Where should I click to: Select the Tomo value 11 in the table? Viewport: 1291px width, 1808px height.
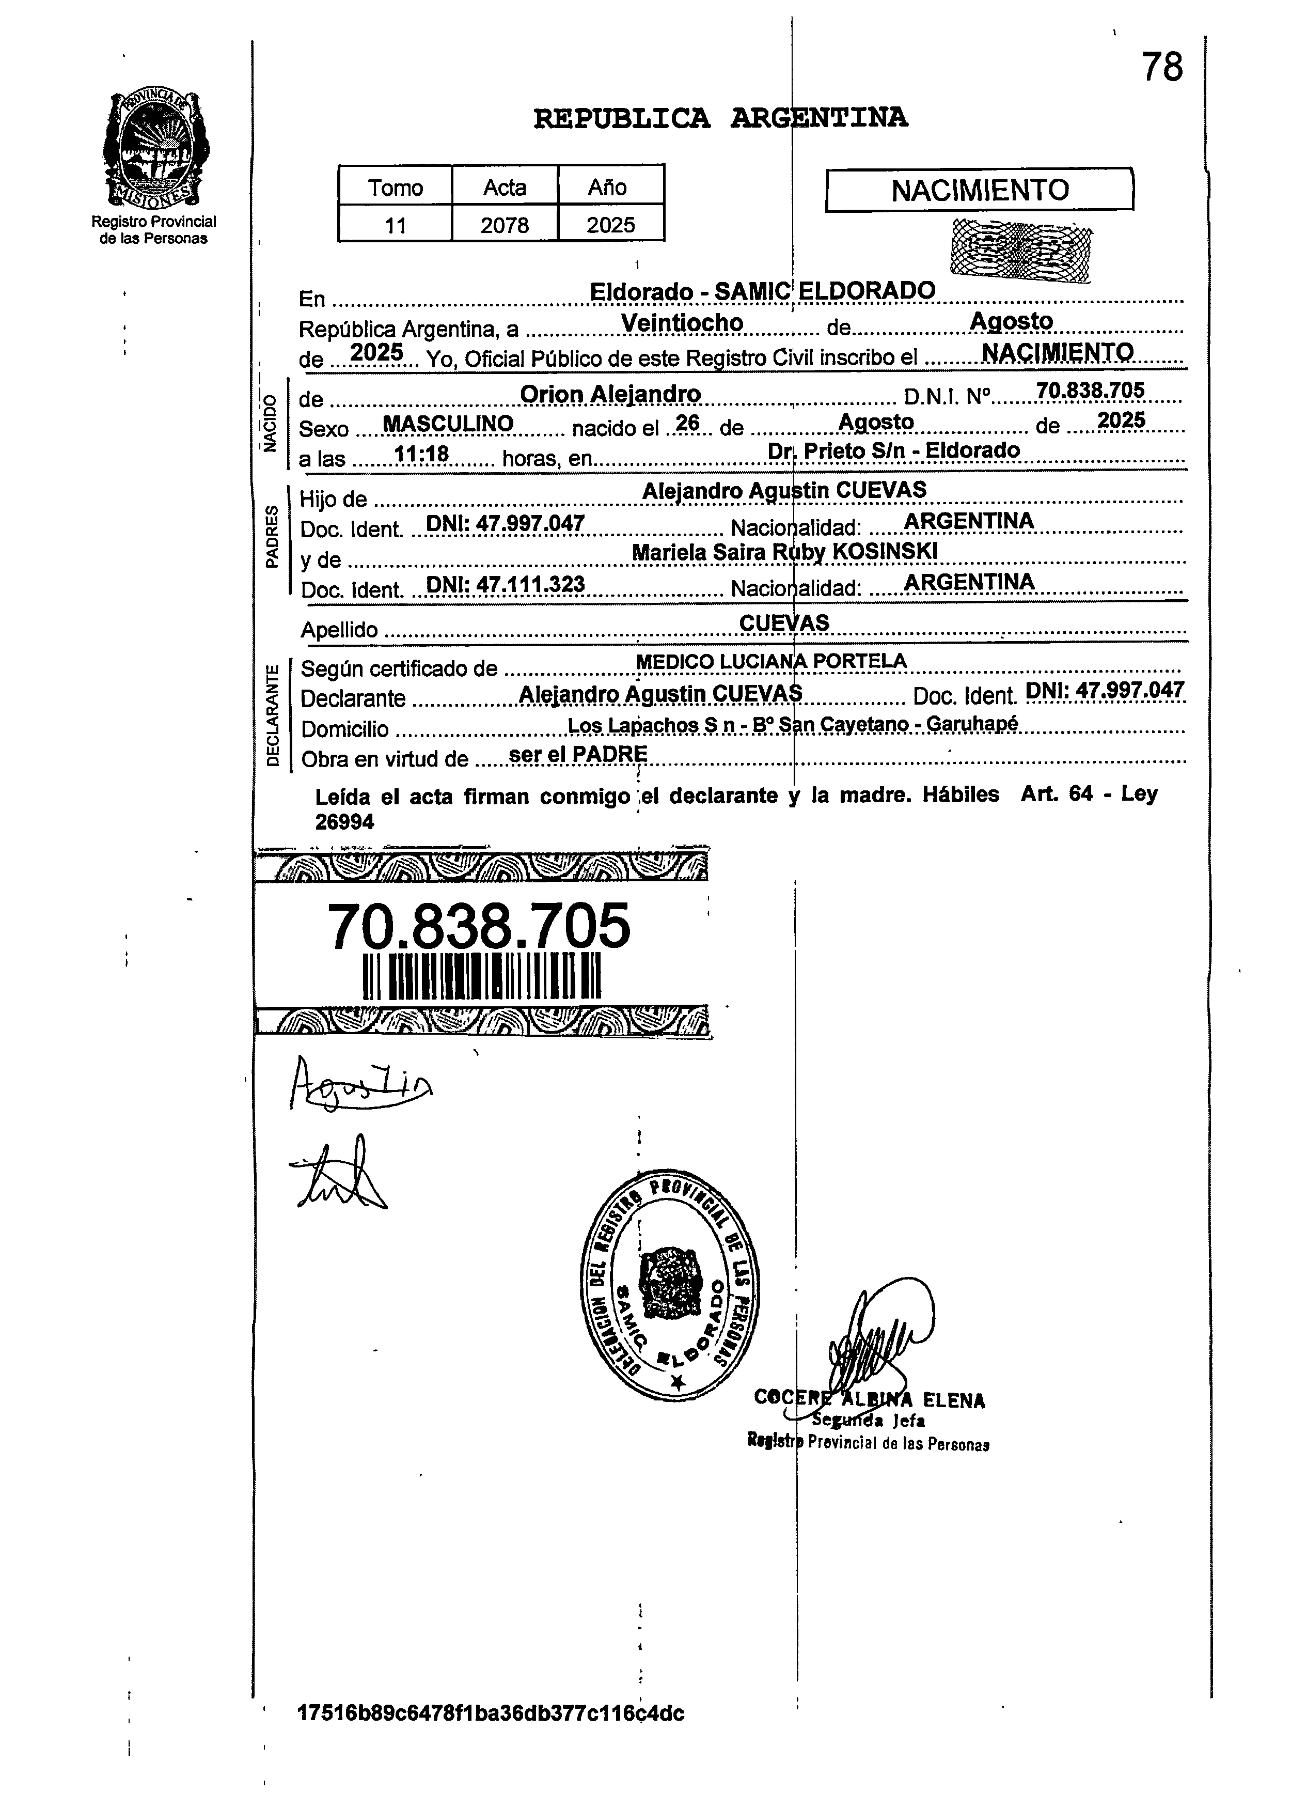coord(395,225)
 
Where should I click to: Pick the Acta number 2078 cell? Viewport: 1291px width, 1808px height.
coord(505,225)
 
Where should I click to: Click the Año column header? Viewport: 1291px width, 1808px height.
coord(610,188)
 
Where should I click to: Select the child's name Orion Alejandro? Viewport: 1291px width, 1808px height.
coord(610,394)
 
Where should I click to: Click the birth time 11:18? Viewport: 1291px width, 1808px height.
coord(422,454)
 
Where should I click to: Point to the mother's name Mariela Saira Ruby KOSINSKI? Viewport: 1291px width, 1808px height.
coord(784,551)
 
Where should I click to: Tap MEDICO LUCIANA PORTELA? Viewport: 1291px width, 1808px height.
coord(771,661)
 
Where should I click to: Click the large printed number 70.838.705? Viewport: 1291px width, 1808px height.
coord(479,926)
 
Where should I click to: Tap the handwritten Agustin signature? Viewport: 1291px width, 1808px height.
coord(359,1084)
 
